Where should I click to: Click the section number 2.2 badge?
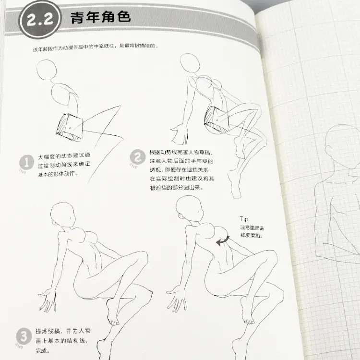[x=40, y=19]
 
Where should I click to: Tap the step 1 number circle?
[x=26, y=163]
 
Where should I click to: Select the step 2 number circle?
[x=138, y=157]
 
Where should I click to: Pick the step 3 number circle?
[x=24, y=336]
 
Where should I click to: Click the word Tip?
[x=244, y=219]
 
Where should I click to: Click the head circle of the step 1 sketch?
[x=47, y=70]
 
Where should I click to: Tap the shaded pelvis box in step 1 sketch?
[x=70, y=127]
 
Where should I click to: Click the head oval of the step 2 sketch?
[x=190, y=64]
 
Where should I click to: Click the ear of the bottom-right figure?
[x=181, y=216]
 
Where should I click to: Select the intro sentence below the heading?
[x=96, y=48]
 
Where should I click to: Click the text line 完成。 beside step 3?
[x=43, y=350]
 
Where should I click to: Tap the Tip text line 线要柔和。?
[x=252, y=235]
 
